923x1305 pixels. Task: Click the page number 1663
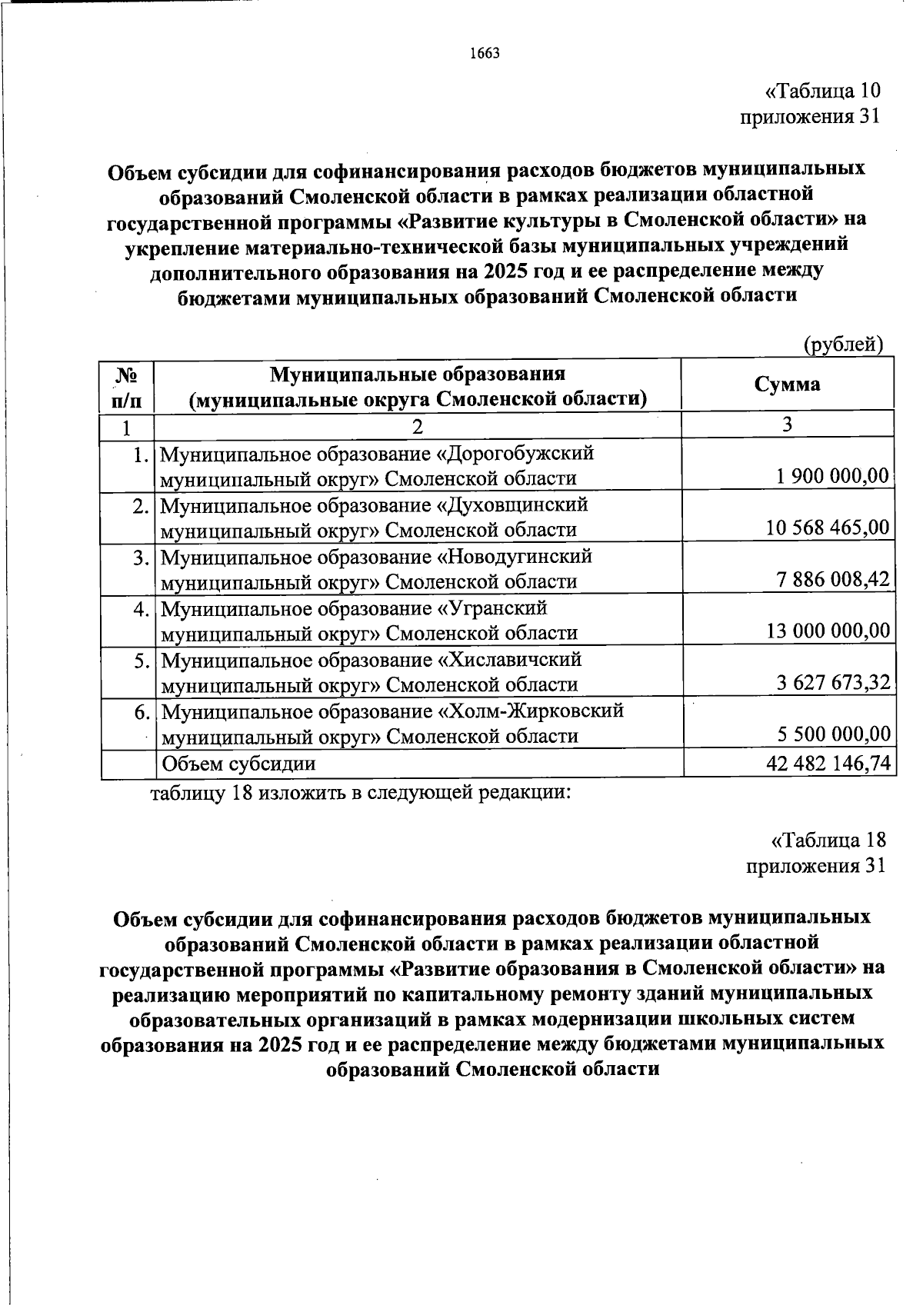click(x=485, y=53)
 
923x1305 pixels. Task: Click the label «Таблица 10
click(x=821, y=92)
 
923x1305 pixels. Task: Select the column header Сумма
click(x=787, y=384)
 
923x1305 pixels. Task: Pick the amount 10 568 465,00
click(x=828, y=528)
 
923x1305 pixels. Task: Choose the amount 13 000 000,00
click(x=828, y=631)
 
